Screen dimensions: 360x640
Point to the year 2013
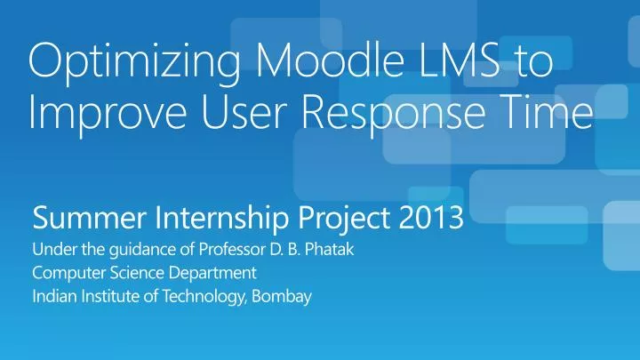(x=431, y=216)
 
